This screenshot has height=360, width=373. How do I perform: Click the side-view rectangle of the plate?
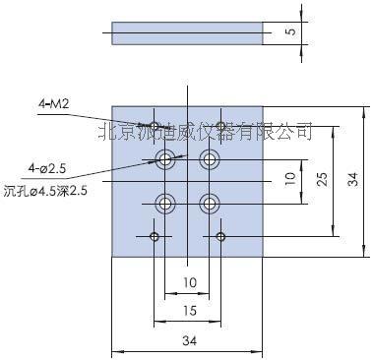coord(186,34)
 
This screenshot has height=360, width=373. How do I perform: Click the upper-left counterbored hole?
coord(166,158)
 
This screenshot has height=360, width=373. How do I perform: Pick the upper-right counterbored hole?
coord(209,158)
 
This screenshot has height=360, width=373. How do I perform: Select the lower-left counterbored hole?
coord(166,204)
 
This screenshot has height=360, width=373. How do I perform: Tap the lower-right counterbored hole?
coord(209,204)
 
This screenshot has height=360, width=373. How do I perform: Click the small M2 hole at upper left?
coord(154,125)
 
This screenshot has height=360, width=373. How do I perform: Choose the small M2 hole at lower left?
coord(154,236)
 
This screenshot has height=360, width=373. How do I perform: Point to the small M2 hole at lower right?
coord(221,236)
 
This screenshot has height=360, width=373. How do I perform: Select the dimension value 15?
coord(187,311)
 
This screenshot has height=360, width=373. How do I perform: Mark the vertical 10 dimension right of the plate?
coord(289,179)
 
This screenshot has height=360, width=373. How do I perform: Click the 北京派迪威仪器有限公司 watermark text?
coord(206,130)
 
